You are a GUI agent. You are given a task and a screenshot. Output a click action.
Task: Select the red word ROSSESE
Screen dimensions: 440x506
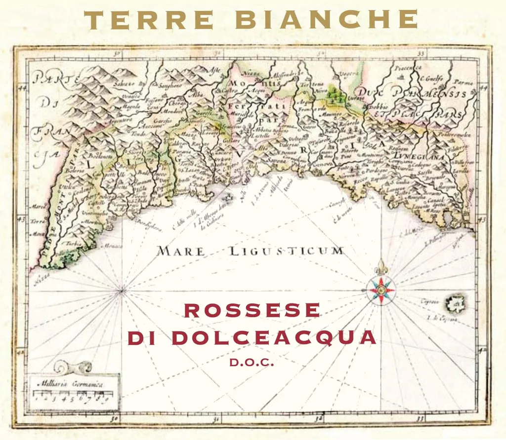coord(252,310)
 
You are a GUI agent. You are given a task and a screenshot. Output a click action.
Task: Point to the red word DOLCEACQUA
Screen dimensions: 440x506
coord(274,338)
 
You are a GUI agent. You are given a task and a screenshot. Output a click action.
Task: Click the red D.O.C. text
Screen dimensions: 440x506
coord(252,363)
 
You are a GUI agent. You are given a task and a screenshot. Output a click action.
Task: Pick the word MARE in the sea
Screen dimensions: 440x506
coord(181,251)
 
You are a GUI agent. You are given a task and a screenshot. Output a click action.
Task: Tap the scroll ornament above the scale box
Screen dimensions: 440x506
coord(73,367)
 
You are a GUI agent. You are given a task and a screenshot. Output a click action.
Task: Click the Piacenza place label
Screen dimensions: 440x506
coord(408,67)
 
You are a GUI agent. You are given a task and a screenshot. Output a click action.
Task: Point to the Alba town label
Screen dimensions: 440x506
coord(197,94)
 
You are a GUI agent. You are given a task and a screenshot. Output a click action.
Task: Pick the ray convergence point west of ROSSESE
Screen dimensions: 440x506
coord(121,291)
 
